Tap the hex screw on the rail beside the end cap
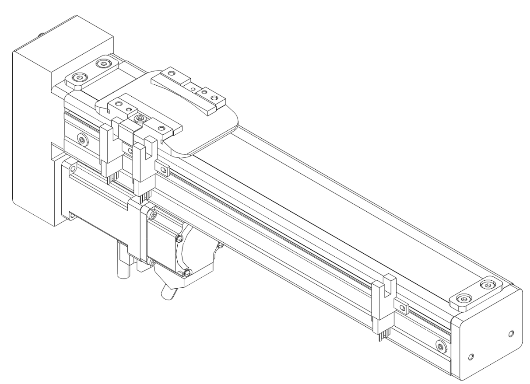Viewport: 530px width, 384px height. [x=440, y=347]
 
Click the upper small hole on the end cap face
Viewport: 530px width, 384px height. [x=511, y=335]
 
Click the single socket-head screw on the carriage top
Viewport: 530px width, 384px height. [x=140, y=118]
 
